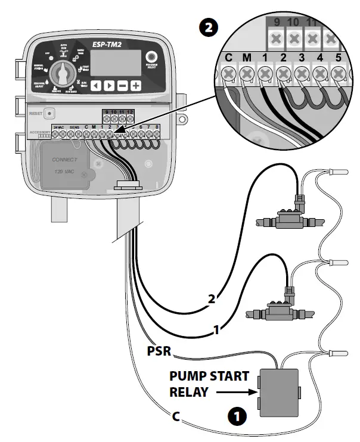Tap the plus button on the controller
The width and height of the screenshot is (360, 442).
point(136,85)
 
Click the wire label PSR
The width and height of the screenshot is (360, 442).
point(159,352)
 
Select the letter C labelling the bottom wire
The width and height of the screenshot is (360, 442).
point(176,416)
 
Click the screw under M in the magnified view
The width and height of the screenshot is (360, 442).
point(246,74)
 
